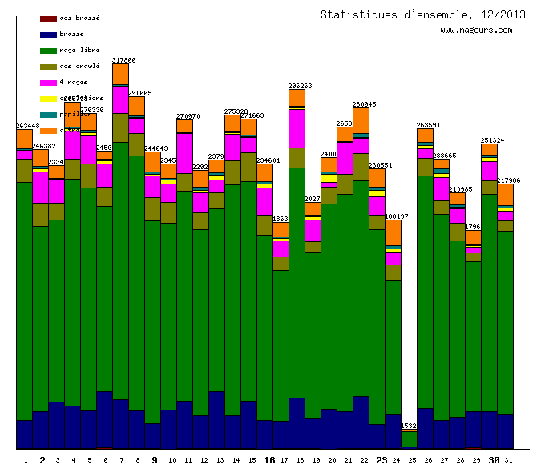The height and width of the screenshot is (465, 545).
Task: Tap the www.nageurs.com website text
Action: [476, 30]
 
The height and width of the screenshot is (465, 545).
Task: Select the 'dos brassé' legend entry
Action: [79, 18]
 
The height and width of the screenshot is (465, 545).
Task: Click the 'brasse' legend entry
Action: [71, 34]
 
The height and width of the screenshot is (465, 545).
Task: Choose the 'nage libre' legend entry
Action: [79, 50]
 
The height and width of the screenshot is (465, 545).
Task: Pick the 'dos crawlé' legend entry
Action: [79, 66]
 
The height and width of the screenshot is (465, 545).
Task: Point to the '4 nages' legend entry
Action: [73, 82]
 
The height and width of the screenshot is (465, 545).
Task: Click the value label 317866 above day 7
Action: [123, 60]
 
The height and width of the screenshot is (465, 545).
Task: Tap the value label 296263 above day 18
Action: [300, 85]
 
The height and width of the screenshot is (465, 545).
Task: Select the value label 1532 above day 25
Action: [409, 426]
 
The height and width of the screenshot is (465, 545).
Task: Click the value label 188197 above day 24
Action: [396, 216]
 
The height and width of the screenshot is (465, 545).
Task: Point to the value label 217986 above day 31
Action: [508, 180]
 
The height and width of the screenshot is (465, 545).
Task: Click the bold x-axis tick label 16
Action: [269, 460]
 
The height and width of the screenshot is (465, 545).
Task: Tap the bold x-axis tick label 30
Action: [494, 460]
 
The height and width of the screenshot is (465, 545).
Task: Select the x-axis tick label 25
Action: [412, 460]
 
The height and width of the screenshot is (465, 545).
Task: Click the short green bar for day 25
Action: [409, 439]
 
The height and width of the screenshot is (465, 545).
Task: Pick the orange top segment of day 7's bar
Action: [120, 74]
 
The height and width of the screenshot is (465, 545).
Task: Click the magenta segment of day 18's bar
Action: [297, 128]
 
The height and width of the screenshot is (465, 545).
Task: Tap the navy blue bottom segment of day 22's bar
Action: [361, 423]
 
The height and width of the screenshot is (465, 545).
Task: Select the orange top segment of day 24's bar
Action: [393, 232]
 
